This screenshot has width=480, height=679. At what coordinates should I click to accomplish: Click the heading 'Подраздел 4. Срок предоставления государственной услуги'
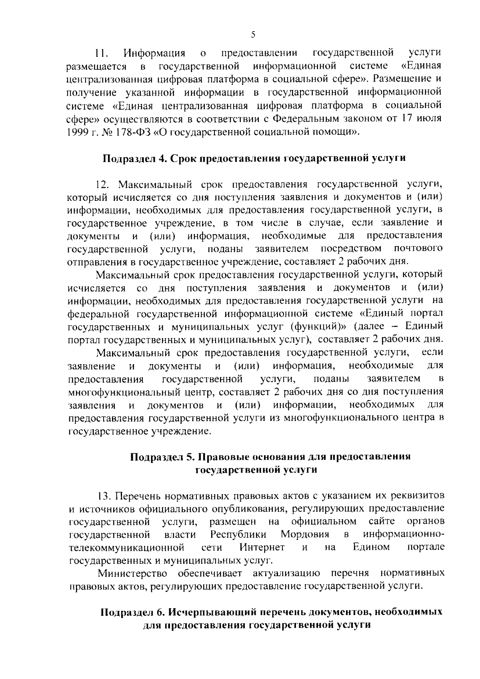point(255,158)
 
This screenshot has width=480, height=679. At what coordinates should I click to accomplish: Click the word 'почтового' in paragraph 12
point(419,248)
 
